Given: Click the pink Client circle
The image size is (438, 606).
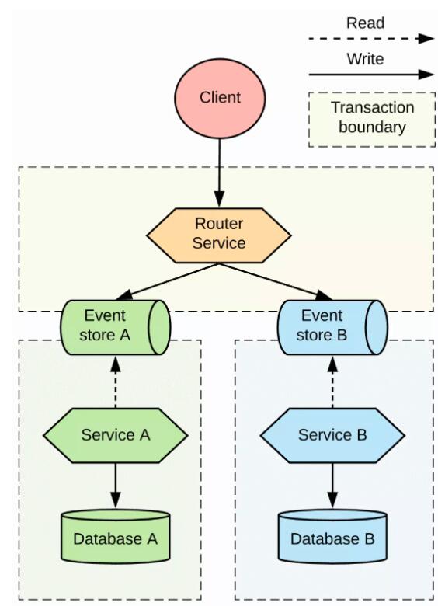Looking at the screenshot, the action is pyautogui.click(x=220, y=98).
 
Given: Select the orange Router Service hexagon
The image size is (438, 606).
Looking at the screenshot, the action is pyautogui.click(x=219, y=235).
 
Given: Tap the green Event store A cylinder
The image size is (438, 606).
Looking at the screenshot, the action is pyautogui.click(x=115, y=327).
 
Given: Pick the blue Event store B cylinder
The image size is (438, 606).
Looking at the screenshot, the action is pyautogui.click(x=332, y=327).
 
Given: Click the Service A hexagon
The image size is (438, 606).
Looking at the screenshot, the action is pyautogui.click(x=116, y=435).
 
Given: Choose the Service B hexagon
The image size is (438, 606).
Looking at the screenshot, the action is pyautogui.click(x=332, y=435).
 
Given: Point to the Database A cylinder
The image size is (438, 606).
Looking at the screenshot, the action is pyautogui.click(x=116, y=536).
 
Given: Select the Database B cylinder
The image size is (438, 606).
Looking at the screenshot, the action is pyautogui.click(x=332, y=536).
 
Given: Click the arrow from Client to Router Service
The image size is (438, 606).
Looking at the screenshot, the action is pyautogui.click(x=219, y=172).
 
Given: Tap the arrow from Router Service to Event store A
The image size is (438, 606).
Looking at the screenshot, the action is pyautogui.click(x=167, y=282).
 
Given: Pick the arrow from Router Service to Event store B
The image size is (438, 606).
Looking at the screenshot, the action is pyautogui.click(x=276, y=282).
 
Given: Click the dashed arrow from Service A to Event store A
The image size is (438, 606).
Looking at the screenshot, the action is pyautogui.click(x=116, y=381).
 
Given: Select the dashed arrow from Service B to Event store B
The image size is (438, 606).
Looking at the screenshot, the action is pyautogui.click(x=332, y=381).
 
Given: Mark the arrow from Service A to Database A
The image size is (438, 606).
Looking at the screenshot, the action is pyautogui.click(x=116, y=486).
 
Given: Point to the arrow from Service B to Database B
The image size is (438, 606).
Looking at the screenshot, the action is pyautogui.click(x=332, y=486).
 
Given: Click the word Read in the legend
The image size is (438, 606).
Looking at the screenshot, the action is pyautogui.click(x=365, y=23).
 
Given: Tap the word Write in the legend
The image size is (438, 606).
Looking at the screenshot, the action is pyautogui.click(x=365, y=59).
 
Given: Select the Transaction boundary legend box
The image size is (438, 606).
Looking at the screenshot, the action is pyautogui.click(x=372, y=120).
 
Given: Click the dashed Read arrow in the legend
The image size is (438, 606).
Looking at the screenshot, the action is pyautogui.click(x=371, y=39).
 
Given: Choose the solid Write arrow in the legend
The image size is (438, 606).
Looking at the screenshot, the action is pyautogui.click(x=371, y=75).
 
